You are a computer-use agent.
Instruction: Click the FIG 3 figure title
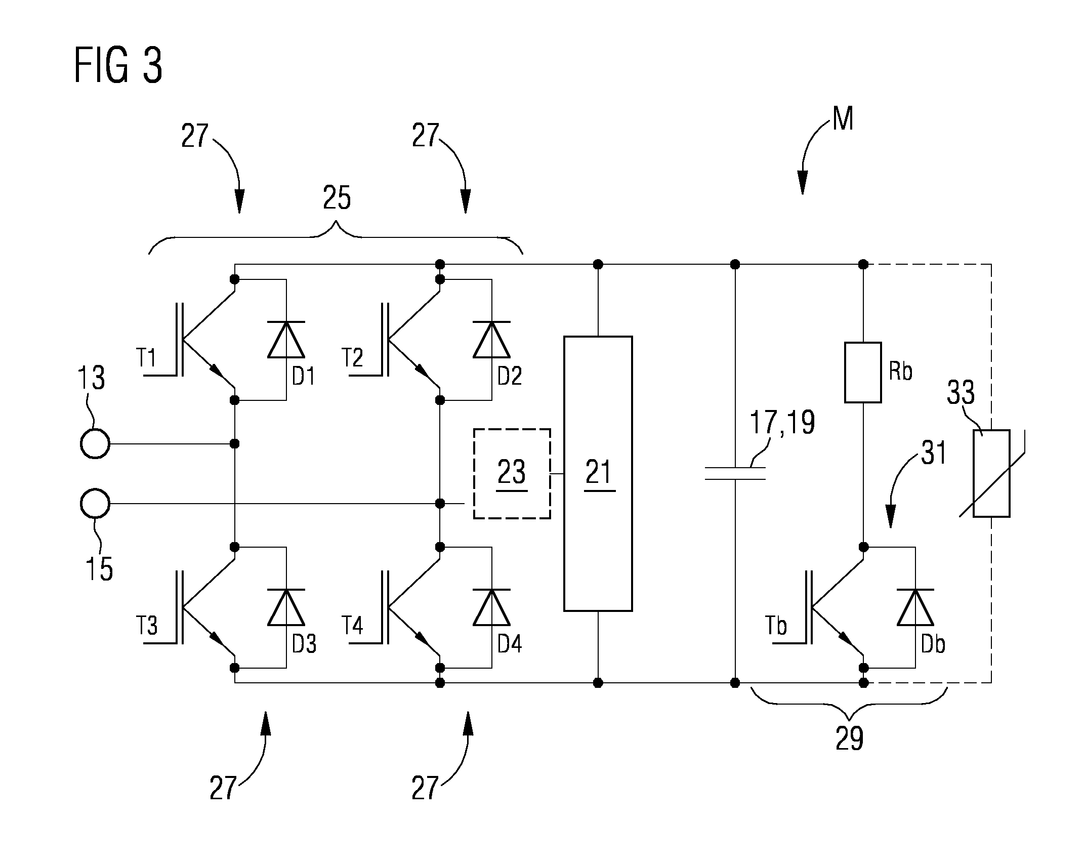pos(118,65)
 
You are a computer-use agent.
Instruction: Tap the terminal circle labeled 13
pos(95,443)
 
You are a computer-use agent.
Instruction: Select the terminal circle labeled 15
pos(95,503)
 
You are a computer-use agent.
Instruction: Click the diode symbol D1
pos(286,339)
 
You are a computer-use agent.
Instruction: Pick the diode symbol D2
pos(491,339)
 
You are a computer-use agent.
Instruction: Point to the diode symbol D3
pos(286,607)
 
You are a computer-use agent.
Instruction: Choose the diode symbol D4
pos(491,607)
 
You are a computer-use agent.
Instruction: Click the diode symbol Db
pos(915,607)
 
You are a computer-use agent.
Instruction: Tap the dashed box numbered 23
pos(512,473)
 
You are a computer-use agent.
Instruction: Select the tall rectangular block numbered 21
pos(598,473)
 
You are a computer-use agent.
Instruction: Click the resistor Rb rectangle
pos(863,373)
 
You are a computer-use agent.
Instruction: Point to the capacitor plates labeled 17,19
pos(735,473)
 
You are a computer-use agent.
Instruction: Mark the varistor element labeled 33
pos(992,473)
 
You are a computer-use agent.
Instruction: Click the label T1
pos(147,358)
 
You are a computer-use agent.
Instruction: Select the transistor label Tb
pos(776,626)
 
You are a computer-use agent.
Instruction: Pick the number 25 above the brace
pos(337,198)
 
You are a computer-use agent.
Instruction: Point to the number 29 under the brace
pos(850,738)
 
